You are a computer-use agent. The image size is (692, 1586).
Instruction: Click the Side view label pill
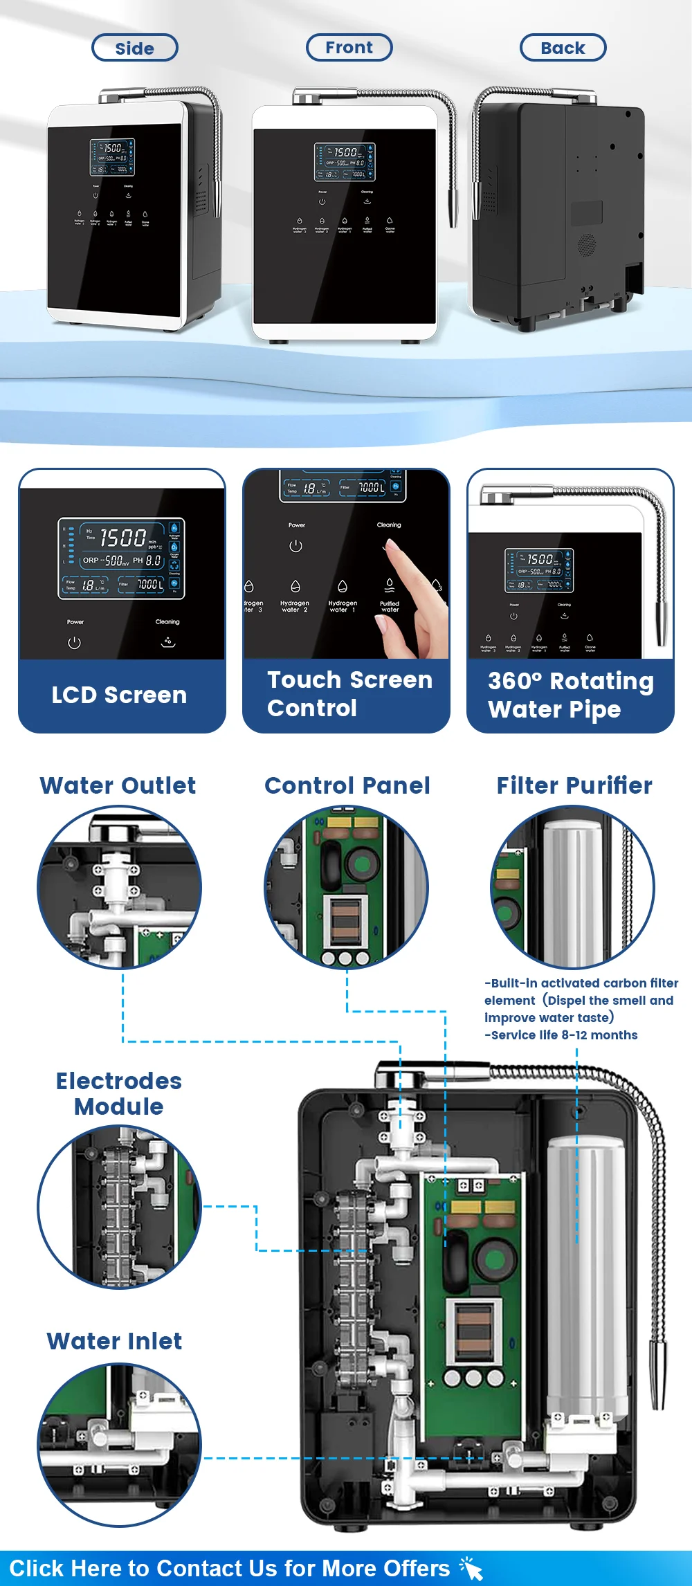135,48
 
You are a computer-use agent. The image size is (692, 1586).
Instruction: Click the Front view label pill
349,47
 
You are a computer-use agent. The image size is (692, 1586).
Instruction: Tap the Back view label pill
563,48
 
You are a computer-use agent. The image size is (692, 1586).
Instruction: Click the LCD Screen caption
119,695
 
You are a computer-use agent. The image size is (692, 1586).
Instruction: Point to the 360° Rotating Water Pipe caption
570,695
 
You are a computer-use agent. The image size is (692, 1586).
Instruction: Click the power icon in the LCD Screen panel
75,643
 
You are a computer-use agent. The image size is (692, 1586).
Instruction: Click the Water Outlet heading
118,785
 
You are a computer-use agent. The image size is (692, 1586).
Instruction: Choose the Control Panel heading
347,785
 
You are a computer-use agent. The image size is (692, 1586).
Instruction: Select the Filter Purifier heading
574,785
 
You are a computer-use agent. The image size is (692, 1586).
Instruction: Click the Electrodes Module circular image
119,1207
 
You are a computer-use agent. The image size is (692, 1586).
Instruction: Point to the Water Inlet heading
114,1341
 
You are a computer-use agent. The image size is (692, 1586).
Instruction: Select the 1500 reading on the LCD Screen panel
123,538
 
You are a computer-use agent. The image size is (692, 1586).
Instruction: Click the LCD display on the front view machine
345,161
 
